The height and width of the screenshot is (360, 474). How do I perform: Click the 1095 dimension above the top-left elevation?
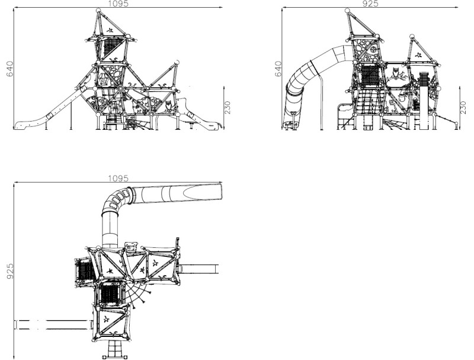point(118,4)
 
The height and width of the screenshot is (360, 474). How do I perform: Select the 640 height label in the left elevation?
point(9,69)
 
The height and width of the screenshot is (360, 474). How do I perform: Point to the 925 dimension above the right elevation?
point(370,4)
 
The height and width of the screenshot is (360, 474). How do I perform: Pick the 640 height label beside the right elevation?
point(278,69)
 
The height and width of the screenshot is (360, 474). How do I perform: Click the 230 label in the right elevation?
point(463,108)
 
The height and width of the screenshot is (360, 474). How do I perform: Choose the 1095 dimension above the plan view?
point(118,179)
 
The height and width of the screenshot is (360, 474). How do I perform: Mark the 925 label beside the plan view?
point(9,271)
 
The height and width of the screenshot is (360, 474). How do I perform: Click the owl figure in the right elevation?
point(396,74)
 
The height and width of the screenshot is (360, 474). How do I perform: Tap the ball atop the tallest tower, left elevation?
point(98,11)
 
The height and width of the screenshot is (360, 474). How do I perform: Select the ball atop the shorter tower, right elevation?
point(412,37)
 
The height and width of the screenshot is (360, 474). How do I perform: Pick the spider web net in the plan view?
point(137,292)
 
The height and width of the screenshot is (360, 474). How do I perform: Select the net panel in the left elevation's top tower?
point(111,48)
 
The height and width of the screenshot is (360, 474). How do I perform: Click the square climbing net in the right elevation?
point(370,76)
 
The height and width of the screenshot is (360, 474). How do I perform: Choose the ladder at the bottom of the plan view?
point(114,349)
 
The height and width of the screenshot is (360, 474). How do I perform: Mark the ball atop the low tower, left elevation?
point(177,62)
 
